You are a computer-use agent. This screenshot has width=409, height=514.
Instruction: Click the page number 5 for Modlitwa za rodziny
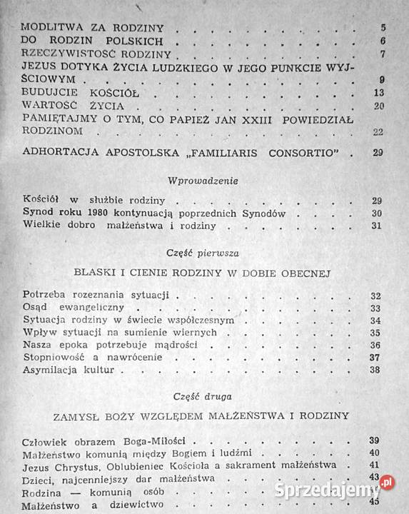(383, 28)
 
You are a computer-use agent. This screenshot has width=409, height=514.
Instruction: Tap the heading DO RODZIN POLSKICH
(94, 41)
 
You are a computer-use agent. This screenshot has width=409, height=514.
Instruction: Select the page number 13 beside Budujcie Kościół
(380, 94)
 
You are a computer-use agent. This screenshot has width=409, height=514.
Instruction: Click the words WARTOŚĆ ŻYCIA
(74, 106)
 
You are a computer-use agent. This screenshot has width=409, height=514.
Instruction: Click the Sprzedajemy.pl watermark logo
(335, 490)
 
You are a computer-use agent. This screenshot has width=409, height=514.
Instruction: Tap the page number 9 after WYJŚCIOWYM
(383, 79)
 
